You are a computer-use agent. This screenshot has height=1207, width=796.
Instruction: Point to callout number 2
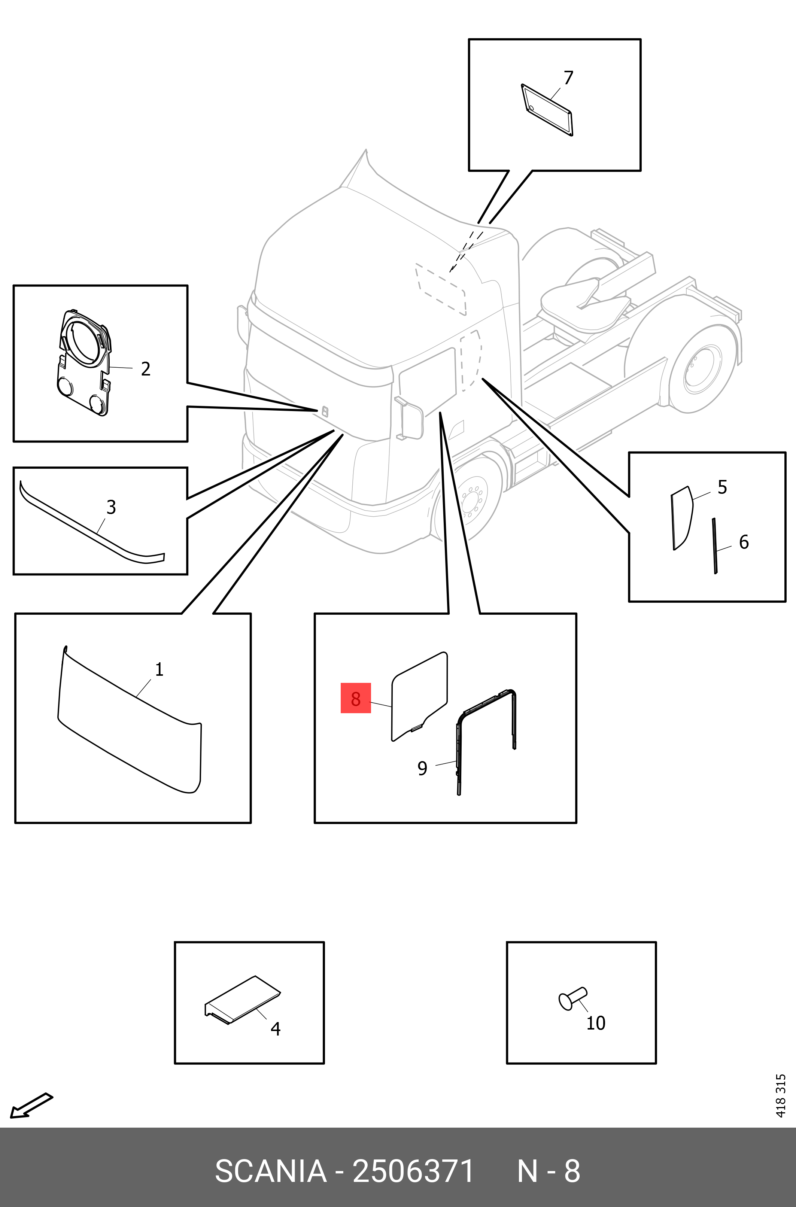(146, 369)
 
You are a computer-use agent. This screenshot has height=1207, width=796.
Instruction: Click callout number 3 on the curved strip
(111, 507)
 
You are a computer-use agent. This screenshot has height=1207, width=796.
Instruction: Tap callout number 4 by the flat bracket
(275, 1029)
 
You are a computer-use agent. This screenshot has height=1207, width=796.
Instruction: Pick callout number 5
(722, 487)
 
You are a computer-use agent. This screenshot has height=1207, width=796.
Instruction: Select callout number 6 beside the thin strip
(744, 542)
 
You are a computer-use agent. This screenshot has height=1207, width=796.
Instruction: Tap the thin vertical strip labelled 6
(715, 545)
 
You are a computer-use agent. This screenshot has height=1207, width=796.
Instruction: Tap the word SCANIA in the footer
(271, 1171)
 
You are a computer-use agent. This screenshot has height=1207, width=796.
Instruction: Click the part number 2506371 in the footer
(413, 1171)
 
